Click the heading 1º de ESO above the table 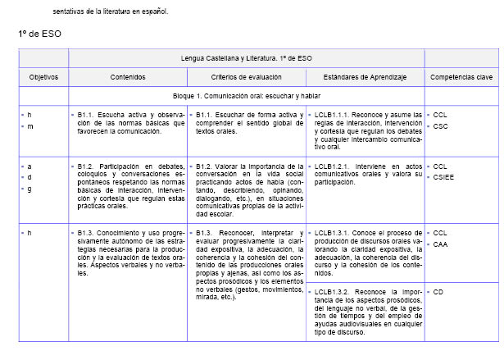[x=39, y=34]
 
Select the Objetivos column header [x=43, y=76]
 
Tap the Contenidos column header [x=128, y=76]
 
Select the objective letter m [x=30, y=126]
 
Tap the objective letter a [x=30, y=166]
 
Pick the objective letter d [x=30, y=177]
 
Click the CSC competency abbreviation [x=441, y=126]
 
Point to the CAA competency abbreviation [x=441, y=244]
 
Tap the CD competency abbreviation [x=438, y=291]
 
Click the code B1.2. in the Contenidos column [x=88, y=166]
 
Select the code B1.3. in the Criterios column [x=205, y=233]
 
